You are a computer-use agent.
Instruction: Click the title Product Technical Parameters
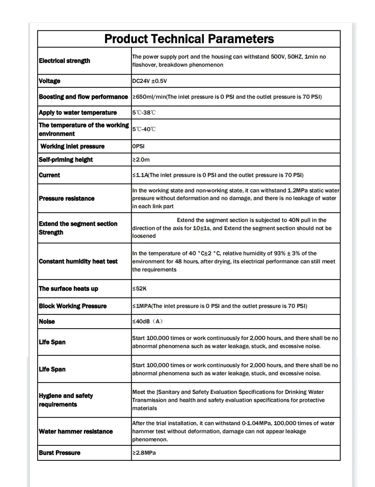click(189, 39)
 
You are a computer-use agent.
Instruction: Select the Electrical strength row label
click(64, 61)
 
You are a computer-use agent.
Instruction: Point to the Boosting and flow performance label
click(83, 97)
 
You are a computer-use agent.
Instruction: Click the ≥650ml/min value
click(149, 97)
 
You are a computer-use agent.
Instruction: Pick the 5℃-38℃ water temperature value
click(144, 113)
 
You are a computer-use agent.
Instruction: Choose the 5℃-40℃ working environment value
click(144, 129)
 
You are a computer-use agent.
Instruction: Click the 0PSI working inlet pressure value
click(138, 146)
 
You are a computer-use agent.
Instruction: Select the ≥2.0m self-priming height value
click(141, 160)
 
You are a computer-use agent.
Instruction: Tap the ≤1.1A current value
click(140, 175)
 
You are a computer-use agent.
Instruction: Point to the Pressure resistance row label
click(67, 199)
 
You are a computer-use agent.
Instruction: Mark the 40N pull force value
click(294, 220)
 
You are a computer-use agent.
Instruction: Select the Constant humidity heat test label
click(78, 261)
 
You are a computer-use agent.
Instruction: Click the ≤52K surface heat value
click(139, 288)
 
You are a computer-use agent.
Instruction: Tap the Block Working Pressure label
click(73, 306)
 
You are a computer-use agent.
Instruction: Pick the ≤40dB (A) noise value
click(147, 321)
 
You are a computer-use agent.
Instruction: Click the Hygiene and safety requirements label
click(66, 400)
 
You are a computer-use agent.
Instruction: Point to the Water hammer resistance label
click(76, 432)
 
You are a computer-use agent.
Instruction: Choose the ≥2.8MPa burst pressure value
click(144, 453)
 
